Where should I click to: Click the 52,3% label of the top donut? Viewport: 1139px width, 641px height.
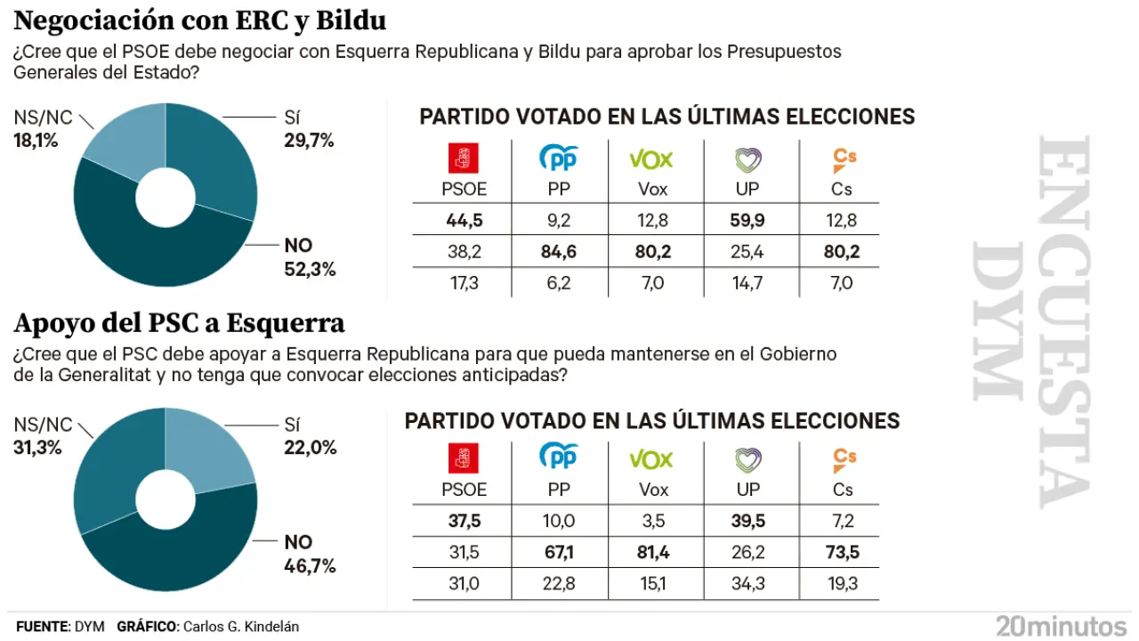coord(310,268)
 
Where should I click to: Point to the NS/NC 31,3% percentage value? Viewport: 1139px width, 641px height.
coord(37,447)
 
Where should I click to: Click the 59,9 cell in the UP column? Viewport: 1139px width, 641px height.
coord(747,220)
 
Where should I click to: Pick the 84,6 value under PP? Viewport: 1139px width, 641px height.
coord(559,252)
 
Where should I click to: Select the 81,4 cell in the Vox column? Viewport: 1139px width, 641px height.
coord(653,552)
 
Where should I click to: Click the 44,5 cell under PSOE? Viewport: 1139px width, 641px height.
coord(464,220)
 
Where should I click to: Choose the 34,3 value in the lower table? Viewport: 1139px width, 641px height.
coord(747,583)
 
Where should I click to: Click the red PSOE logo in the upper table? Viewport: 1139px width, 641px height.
coord(463,158)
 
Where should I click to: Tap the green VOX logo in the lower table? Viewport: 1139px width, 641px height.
coord(651,458)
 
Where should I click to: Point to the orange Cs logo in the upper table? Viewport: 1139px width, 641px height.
coord(844,158)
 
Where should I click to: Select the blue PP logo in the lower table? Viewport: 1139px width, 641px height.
coord(559,458)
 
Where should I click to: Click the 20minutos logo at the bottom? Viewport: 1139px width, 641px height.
coord(1061,625)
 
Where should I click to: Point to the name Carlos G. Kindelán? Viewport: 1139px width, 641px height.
coord(240,627)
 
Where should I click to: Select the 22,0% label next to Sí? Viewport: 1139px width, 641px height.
coord(310,448)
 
